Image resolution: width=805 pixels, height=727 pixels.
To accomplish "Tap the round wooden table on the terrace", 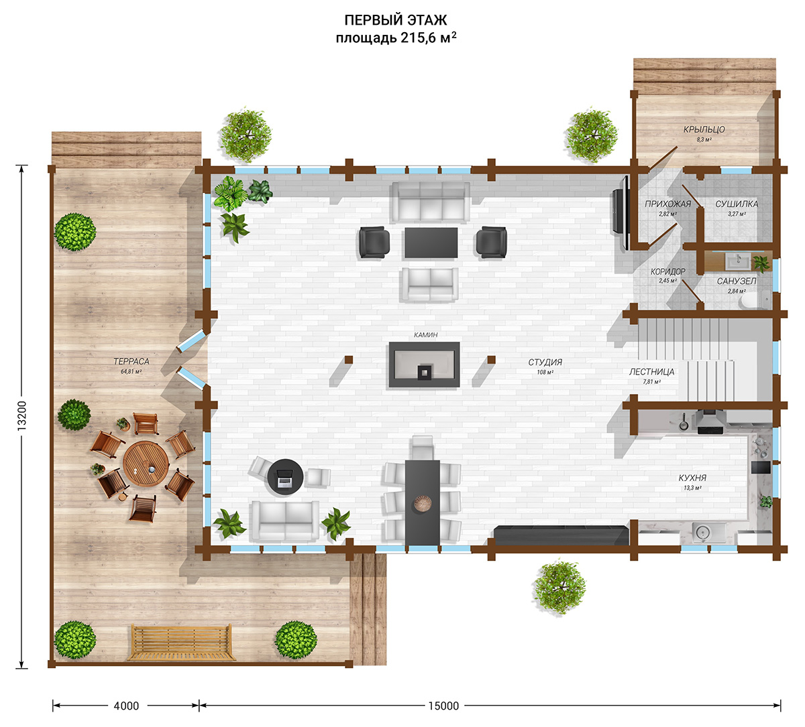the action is tap(146, 464).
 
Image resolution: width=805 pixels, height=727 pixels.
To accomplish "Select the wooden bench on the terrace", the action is tap(180, 642).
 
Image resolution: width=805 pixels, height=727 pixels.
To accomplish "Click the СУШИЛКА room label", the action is tap(737, 204).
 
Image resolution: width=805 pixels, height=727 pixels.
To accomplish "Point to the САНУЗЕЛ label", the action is tap(737, 281).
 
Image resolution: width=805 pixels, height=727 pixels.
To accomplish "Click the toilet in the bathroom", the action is tap(753, 301).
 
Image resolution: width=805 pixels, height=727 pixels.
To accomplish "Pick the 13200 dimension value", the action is tap(21, 416).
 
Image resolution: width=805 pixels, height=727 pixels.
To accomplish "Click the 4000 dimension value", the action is tap(126, 706).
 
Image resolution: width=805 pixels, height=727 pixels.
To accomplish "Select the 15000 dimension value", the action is tap(443, 706).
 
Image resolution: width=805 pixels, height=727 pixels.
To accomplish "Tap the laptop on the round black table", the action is tap(284, 478).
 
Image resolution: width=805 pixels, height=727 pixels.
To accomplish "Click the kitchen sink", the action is tap(703, 533).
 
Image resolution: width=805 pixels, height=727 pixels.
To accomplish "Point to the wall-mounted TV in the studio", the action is tap(621, 212).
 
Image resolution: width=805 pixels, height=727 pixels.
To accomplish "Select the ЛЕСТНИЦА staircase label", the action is tap(651, 372).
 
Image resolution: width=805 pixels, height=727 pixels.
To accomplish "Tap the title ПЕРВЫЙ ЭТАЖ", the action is tap(396, 20).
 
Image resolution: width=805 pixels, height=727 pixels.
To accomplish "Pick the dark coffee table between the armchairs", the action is tap(431, 243).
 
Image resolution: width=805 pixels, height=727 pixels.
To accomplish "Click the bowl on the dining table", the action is tap(422, 504).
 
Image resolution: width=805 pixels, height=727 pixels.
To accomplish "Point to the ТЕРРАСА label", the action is tap(131, 361).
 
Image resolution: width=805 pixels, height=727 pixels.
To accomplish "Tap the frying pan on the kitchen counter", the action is tap(683, 424).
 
